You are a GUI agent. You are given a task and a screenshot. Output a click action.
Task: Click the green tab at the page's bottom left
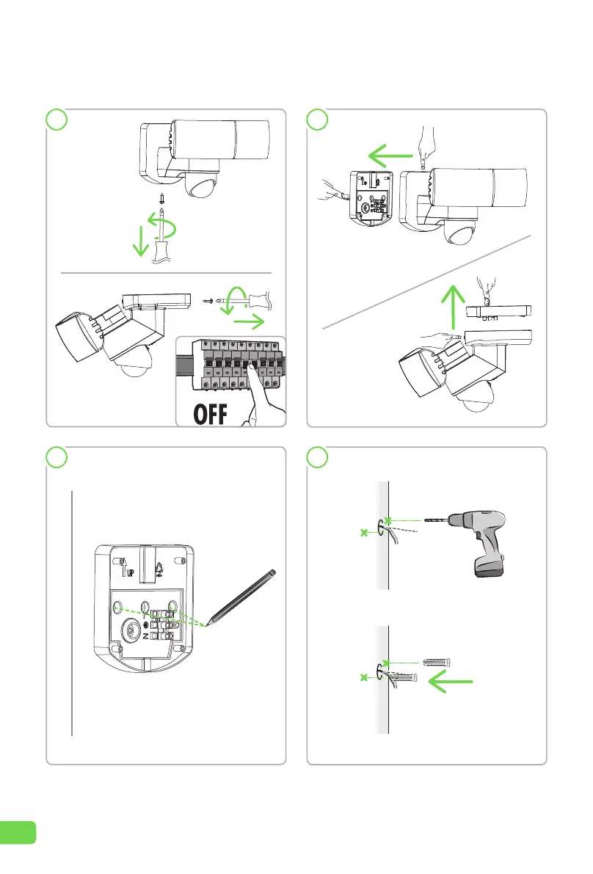click(18, 831)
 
